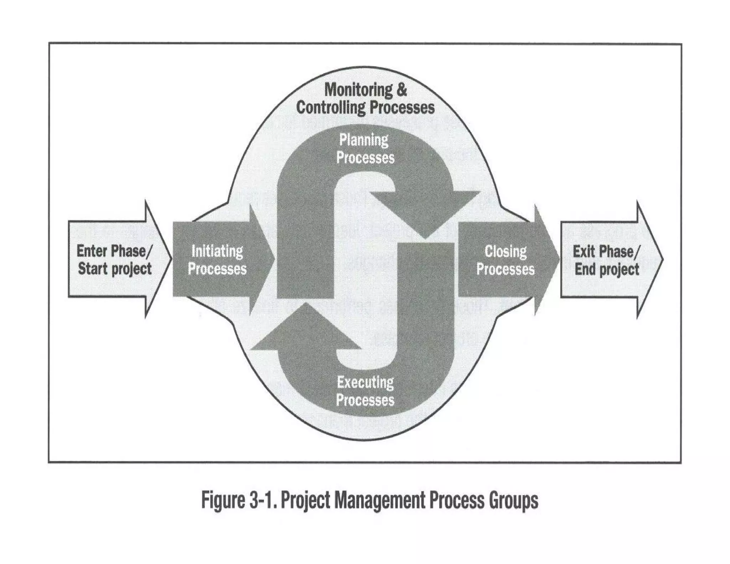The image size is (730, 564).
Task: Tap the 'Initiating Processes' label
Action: pyautogui.click(x=217, y=260)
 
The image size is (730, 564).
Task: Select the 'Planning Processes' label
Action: pyautogui.click(x=365, y=149)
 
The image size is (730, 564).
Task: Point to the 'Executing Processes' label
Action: pyautogui.click(x=365, y=391)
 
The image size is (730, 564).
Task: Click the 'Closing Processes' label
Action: pyautogui.click(x=505, y=260)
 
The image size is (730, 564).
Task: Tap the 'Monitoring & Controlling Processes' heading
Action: pyautogui.click(x=365, y=98)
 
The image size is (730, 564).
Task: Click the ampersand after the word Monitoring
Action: pyautogui.click(x=401, y=89)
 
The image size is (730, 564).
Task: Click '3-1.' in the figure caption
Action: pyautogui.click(x=262, y=500)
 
